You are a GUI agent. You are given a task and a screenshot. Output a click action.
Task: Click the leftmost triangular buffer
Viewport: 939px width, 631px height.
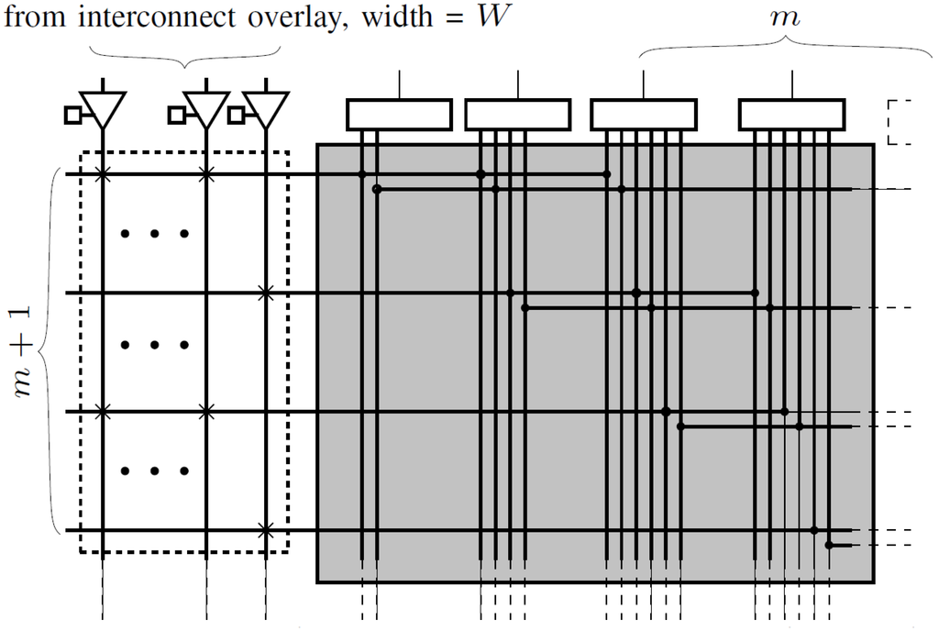click(x=102, y=108)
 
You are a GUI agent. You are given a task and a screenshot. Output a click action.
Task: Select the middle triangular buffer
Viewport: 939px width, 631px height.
click(x=205, y=108)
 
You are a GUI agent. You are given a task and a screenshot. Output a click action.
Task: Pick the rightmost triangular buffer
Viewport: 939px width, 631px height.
click(x=265, y=108)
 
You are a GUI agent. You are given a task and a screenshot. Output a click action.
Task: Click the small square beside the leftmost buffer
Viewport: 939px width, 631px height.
click(x=72, y=115)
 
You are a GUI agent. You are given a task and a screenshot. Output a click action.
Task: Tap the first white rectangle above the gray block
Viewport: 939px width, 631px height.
click(x=399, y=115)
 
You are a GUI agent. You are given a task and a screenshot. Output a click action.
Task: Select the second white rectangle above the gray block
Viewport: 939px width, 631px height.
click(x=518, y=115)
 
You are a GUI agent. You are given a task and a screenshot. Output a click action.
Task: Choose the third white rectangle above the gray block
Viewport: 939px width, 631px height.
click(x=643, y=115)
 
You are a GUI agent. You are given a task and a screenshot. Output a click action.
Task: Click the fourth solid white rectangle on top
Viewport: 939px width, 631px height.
click(x=791, y=115)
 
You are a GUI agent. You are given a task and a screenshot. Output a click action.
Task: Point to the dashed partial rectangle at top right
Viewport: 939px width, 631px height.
click(x=900, y=121)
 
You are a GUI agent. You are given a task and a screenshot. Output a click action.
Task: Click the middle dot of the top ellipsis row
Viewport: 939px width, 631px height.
click(x=154, y=234)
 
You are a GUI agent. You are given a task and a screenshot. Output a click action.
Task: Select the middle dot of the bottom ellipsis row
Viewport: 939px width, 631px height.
click(x=154, y=471)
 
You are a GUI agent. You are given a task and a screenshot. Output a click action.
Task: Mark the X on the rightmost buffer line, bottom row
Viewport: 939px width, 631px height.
click(x=265, y=530)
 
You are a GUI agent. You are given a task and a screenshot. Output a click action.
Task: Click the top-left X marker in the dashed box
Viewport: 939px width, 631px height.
click(x=103, y=173)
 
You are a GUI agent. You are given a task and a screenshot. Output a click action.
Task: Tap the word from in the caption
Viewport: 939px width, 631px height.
click(x=33, y=17)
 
